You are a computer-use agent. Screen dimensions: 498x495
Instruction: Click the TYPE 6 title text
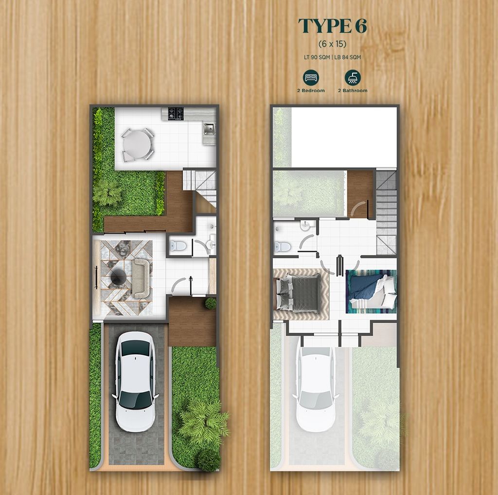333,26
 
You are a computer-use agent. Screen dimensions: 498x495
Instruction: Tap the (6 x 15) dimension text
332,43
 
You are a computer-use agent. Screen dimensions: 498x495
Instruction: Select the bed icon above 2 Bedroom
311,77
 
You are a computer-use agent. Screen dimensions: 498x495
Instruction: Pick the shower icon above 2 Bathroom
353,77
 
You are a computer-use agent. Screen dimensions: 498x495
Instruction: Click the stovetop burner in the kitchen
176,113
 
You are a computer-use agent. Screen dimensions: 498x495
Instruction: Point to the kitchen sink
209,129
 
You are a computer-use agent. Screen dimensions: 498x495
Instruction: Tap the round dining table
137,144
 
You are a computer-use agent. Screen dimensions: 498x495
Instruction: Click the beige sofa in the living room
142,278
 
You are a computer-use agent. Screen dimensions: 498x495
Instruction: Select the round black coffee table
119,276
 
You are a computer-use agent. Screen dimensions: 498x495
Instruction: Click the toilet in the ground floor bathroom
178,246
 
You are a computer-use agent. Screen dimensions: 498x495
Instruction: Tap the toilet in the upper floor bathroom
283,247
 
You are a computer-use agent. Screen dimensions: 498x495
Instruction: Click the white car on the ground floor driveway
135,381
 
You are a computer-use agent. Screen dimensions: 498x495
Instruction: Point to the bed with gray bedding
298,292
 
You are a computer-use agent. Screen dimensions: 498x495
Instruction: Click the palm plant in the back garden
107,192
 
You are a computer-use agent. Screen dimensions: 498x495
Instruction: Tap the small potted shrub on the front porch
211,303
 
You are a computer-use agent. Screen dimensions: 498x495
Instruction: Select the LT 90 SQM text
317,57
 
